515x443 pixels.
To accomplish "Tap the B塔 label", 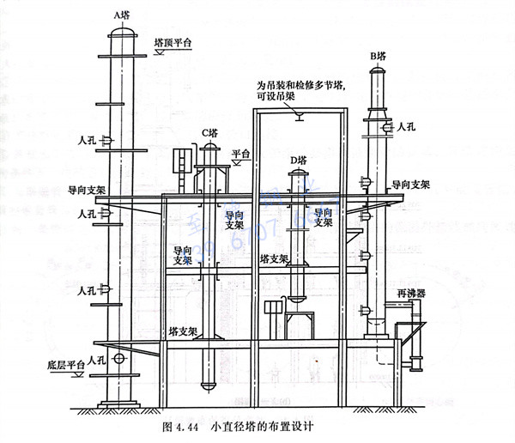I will tap(379, 57).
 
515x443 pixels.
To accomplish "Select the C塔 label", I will tap(209, 132).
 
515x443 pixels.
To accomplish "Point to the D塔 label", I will tap(299, 160).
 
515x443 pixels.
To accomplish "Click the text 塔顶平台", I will tap(173, 40).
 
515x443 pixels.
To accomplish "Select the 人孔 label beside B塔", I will tap(407, 125).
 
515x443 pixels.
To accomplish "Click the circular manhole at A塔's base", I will tap(119, 359).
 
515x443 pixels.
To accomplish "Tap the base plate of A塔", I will tap(120, 404).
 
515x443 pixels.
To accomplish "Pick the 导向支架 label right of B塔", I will tap(410, 184).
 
